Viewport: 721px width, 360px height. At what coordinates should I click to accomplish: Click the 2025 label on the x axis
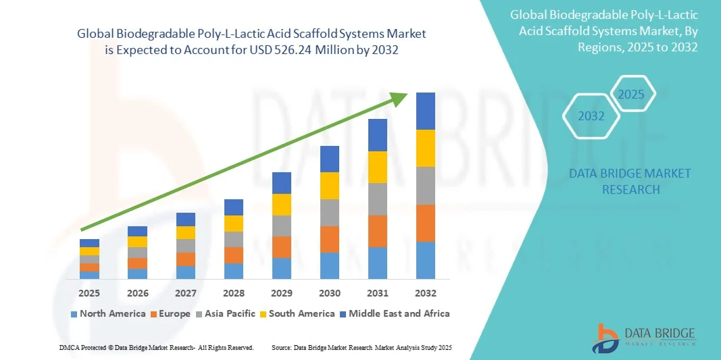[x=89, y=294]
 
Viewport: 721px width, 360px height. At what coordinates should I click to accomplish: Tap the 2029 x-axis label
[x=282, y=294]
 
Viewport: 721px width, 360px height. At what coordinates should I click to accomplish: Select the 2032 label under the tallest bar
[x=426, y=294]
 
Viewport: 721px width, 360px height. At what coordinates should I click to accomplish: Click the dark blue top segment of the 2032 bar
[x=426, y=111]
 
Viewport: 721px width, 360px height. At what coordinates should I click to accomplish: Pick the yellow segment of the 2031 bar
[x=378, y=167]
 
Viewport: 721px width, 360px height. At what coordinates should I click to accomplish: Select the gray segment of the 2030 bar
[x=330, y=213]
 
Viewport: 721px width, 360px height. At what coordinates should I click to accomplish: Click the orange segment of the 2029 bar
[x=282, y=247]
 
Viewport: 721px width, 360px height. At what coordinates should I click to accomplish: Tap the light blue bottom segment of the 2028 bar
[x=234, y=271]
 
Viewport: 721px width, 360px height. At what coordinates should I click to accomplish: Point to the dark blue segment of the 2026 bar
[x=137, y=231]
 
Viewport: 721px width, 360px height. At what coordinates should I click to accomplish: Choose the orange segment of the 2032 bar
[x=426, y=223]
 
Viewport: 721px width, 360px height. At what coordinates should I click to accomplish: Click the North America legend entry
[x=108, y=313]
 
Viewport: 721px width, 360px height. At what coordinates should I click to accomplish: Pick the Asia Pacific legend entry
[x=226, y=313]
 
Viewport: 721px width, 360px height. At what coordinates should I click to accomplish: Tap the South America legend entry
[x=297, y=313]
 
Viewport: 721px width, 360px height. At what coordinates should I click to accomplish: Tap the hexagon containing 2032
[x=591, y=116]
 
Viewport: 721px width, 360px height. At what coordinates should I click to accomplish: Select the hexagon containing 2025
[x=632, y=94]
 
